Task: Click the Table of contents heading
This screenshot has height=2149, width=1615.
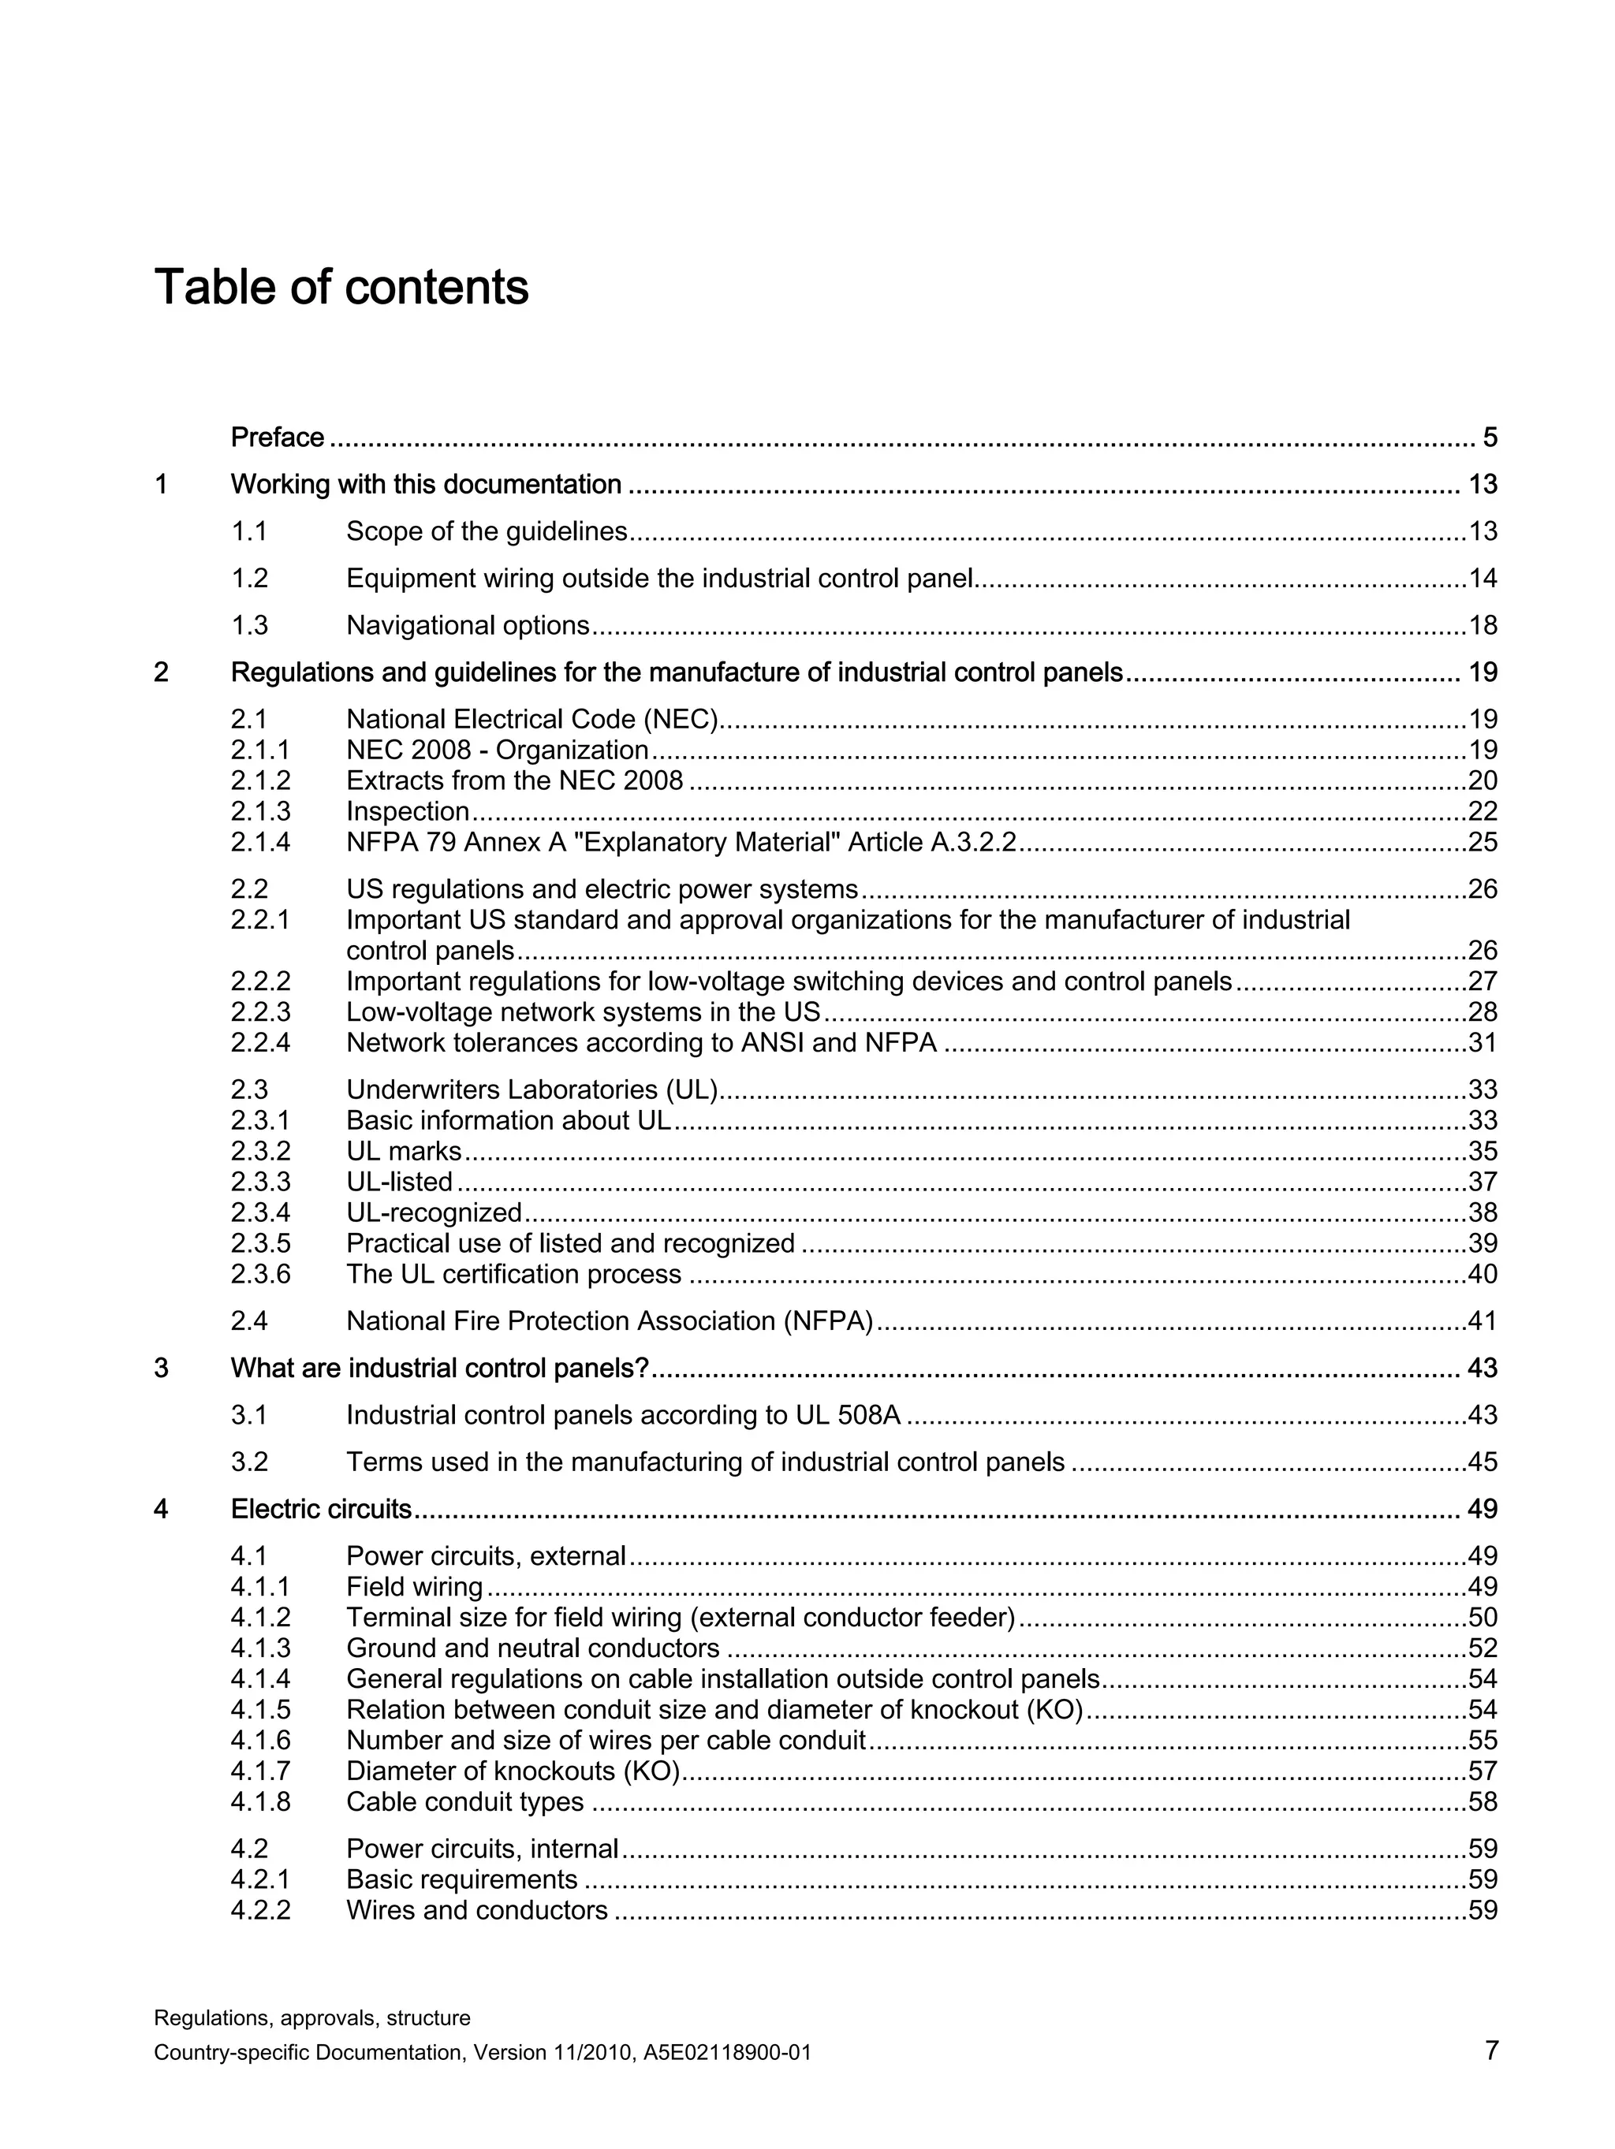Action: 341,288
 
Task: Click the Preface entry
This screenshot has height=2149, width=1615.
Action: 277,438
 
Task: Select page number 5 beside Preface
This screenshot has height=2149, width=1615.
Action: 1490,438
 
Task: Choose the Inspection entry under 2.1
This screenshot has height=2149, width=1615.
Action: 408,811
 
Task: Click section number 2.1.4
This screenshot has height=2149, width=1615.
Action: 259,841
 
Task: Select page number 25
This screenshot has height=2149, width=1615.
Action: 1483,841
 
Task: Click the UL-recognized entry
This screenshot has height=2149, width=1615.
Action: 434,1212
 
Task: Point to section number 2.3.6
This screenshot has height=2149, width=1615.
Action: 259,1274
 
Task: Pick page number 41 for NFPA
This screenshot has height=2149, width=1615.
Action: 1483,1321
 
